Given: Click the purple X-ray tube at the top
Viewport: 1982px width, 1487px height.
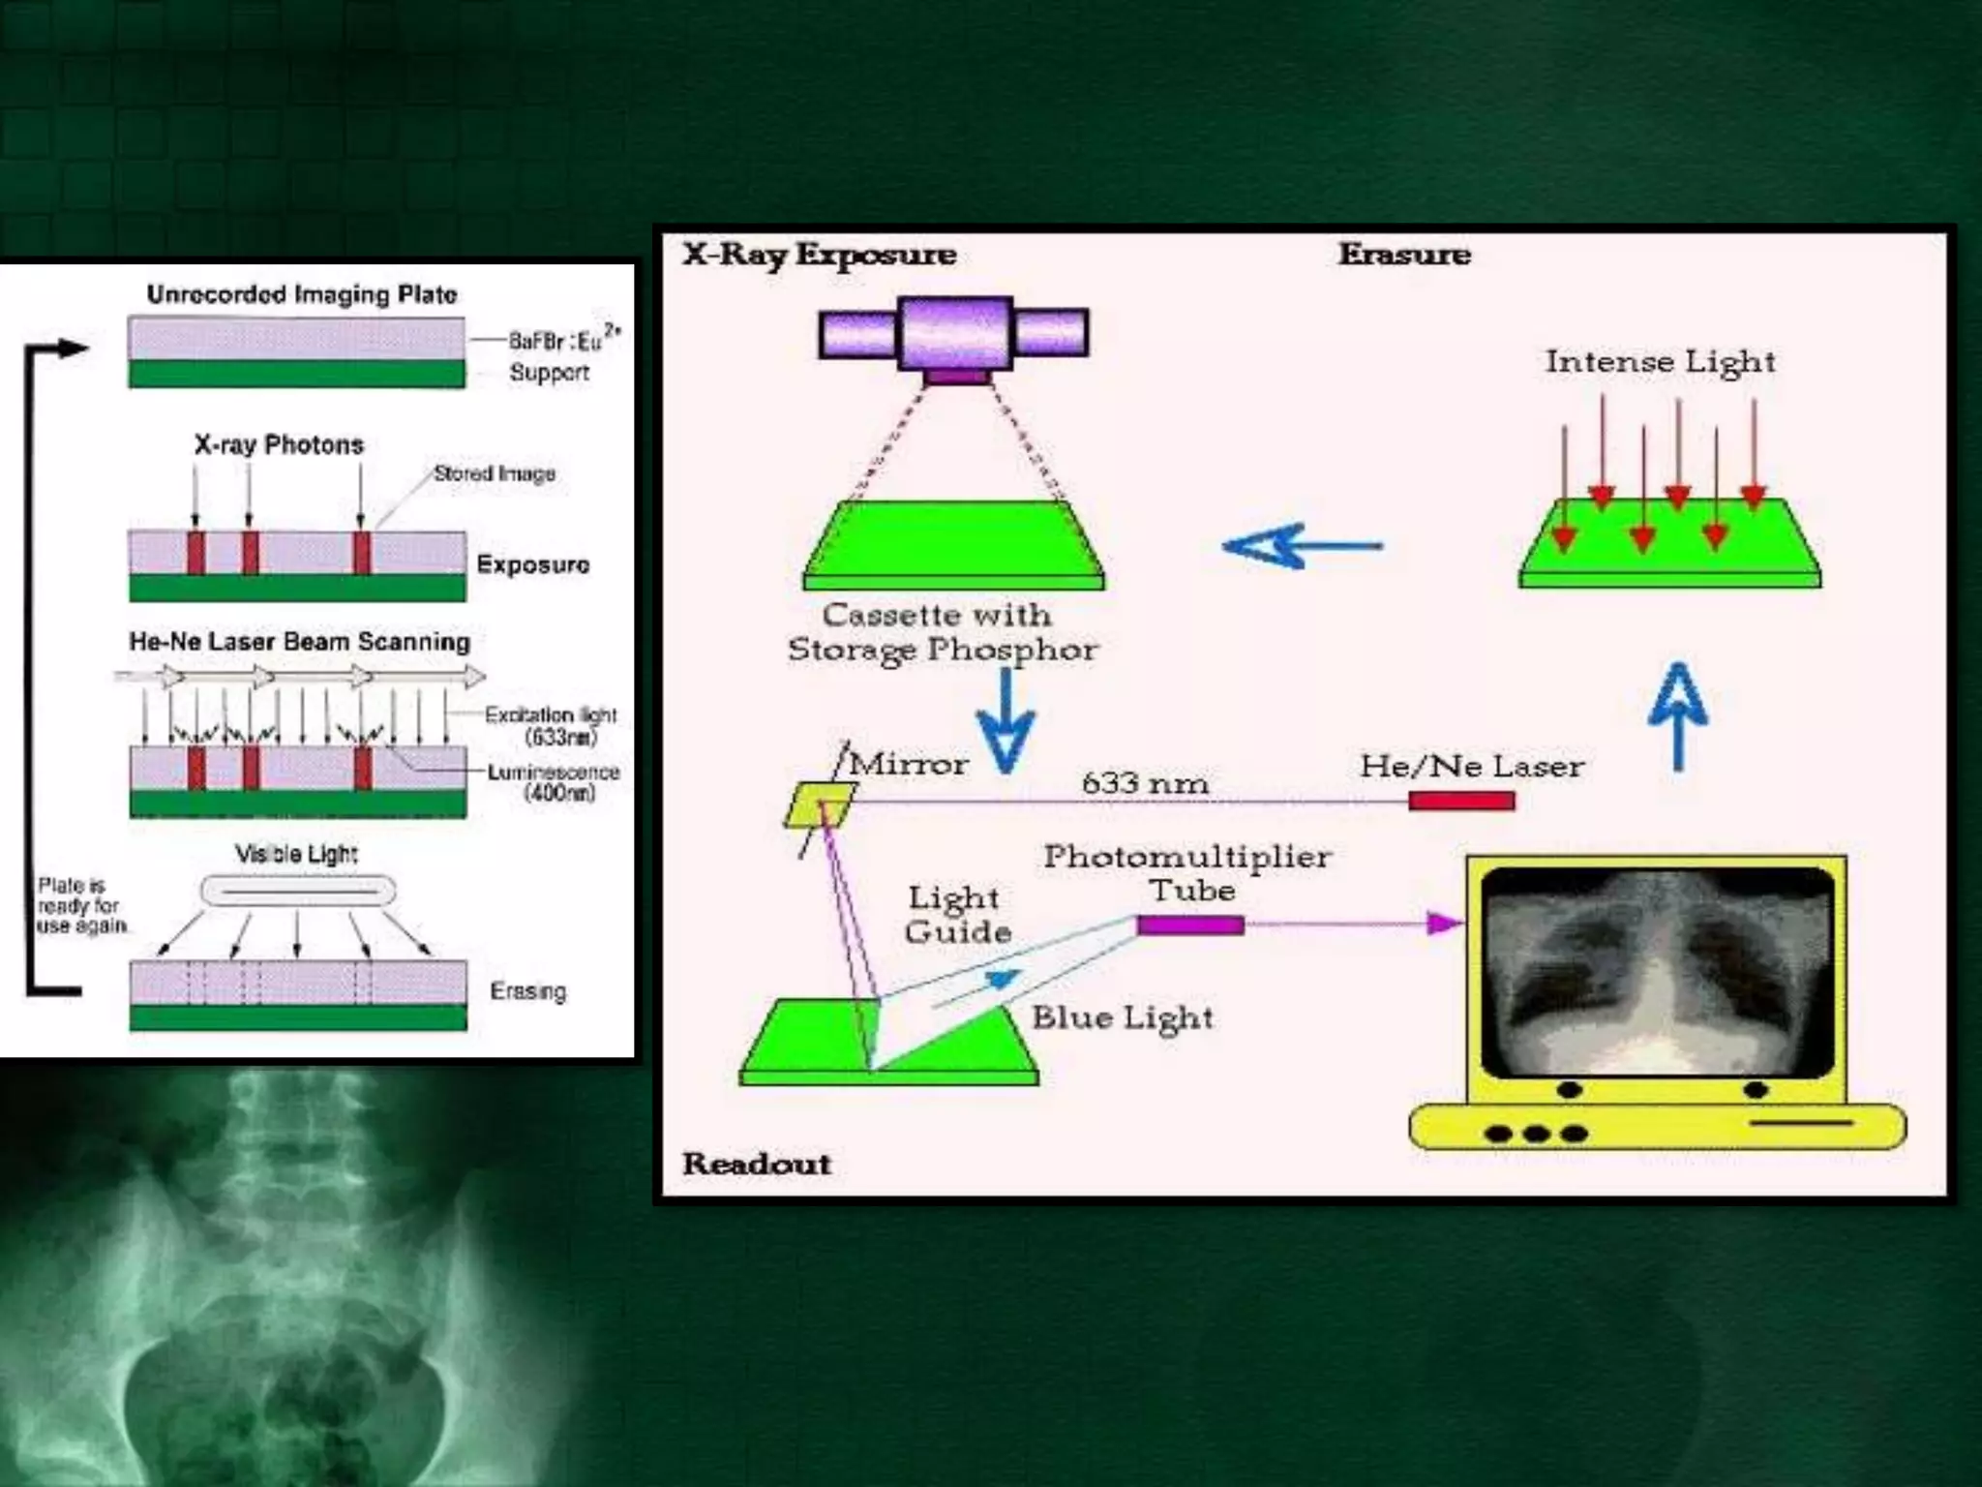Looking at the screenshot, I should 954,334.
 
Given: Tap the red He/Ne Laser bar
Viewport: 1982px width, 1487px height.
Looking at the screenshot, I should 1461,801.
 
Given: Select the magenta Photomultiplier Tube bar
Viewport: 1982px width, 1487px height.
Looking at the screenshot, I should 1190,925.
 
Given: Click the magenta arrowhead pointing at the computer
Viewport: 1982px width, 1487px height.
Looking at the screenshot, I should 1444,924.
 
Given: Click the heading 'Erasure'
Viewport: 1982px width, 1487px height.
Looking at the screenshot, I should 1404,255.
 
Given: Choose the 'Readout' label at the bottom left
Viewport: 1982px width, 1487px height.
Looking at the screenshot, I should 757,1164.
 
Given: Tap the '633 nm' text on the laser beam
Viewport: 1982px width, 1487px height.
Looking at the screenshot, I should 1145,783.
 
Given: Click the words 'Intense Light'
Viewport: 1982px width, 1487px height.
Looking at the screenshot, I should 1660,362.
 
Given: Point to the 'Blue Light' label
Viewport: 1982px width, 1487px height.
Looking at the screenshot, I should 1122,1017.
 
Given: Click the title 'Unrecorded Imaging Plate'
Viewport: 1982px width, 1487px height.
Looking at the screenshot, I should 302,294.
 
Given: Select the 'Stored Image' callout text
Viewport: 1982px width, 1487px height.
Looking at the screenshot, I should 494,473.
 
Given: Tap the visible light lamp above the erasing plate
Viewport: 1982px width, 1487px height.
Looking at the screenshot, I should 297,891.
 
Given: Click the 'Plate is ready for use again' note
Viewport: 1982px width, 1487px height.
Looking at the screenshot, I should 80,905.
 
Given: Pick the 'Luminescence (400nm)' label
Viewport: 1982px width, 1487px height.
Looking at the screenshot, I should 554,782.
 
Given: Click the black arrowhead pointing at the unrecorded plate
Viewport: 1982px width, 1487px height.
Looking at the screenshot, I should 73,349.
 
